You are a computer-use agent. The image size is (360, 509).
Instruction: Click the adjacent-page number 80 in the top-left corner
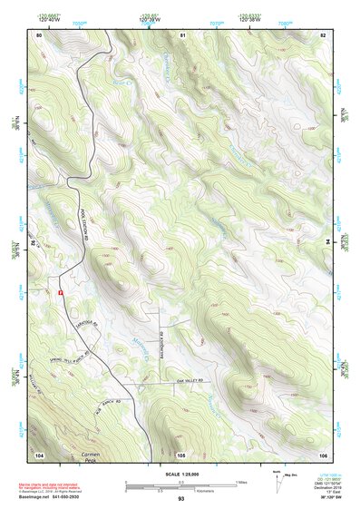[x=39, y=34]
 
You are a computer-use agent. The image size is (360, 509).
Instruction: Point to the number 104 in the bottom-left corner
[x=39, y=454]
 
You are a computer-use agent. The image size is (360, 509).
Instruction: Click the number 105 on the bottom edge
[x=181, y=454]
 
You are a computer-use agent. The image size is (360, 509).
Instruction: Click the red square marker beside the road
[x=60, y=293]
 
